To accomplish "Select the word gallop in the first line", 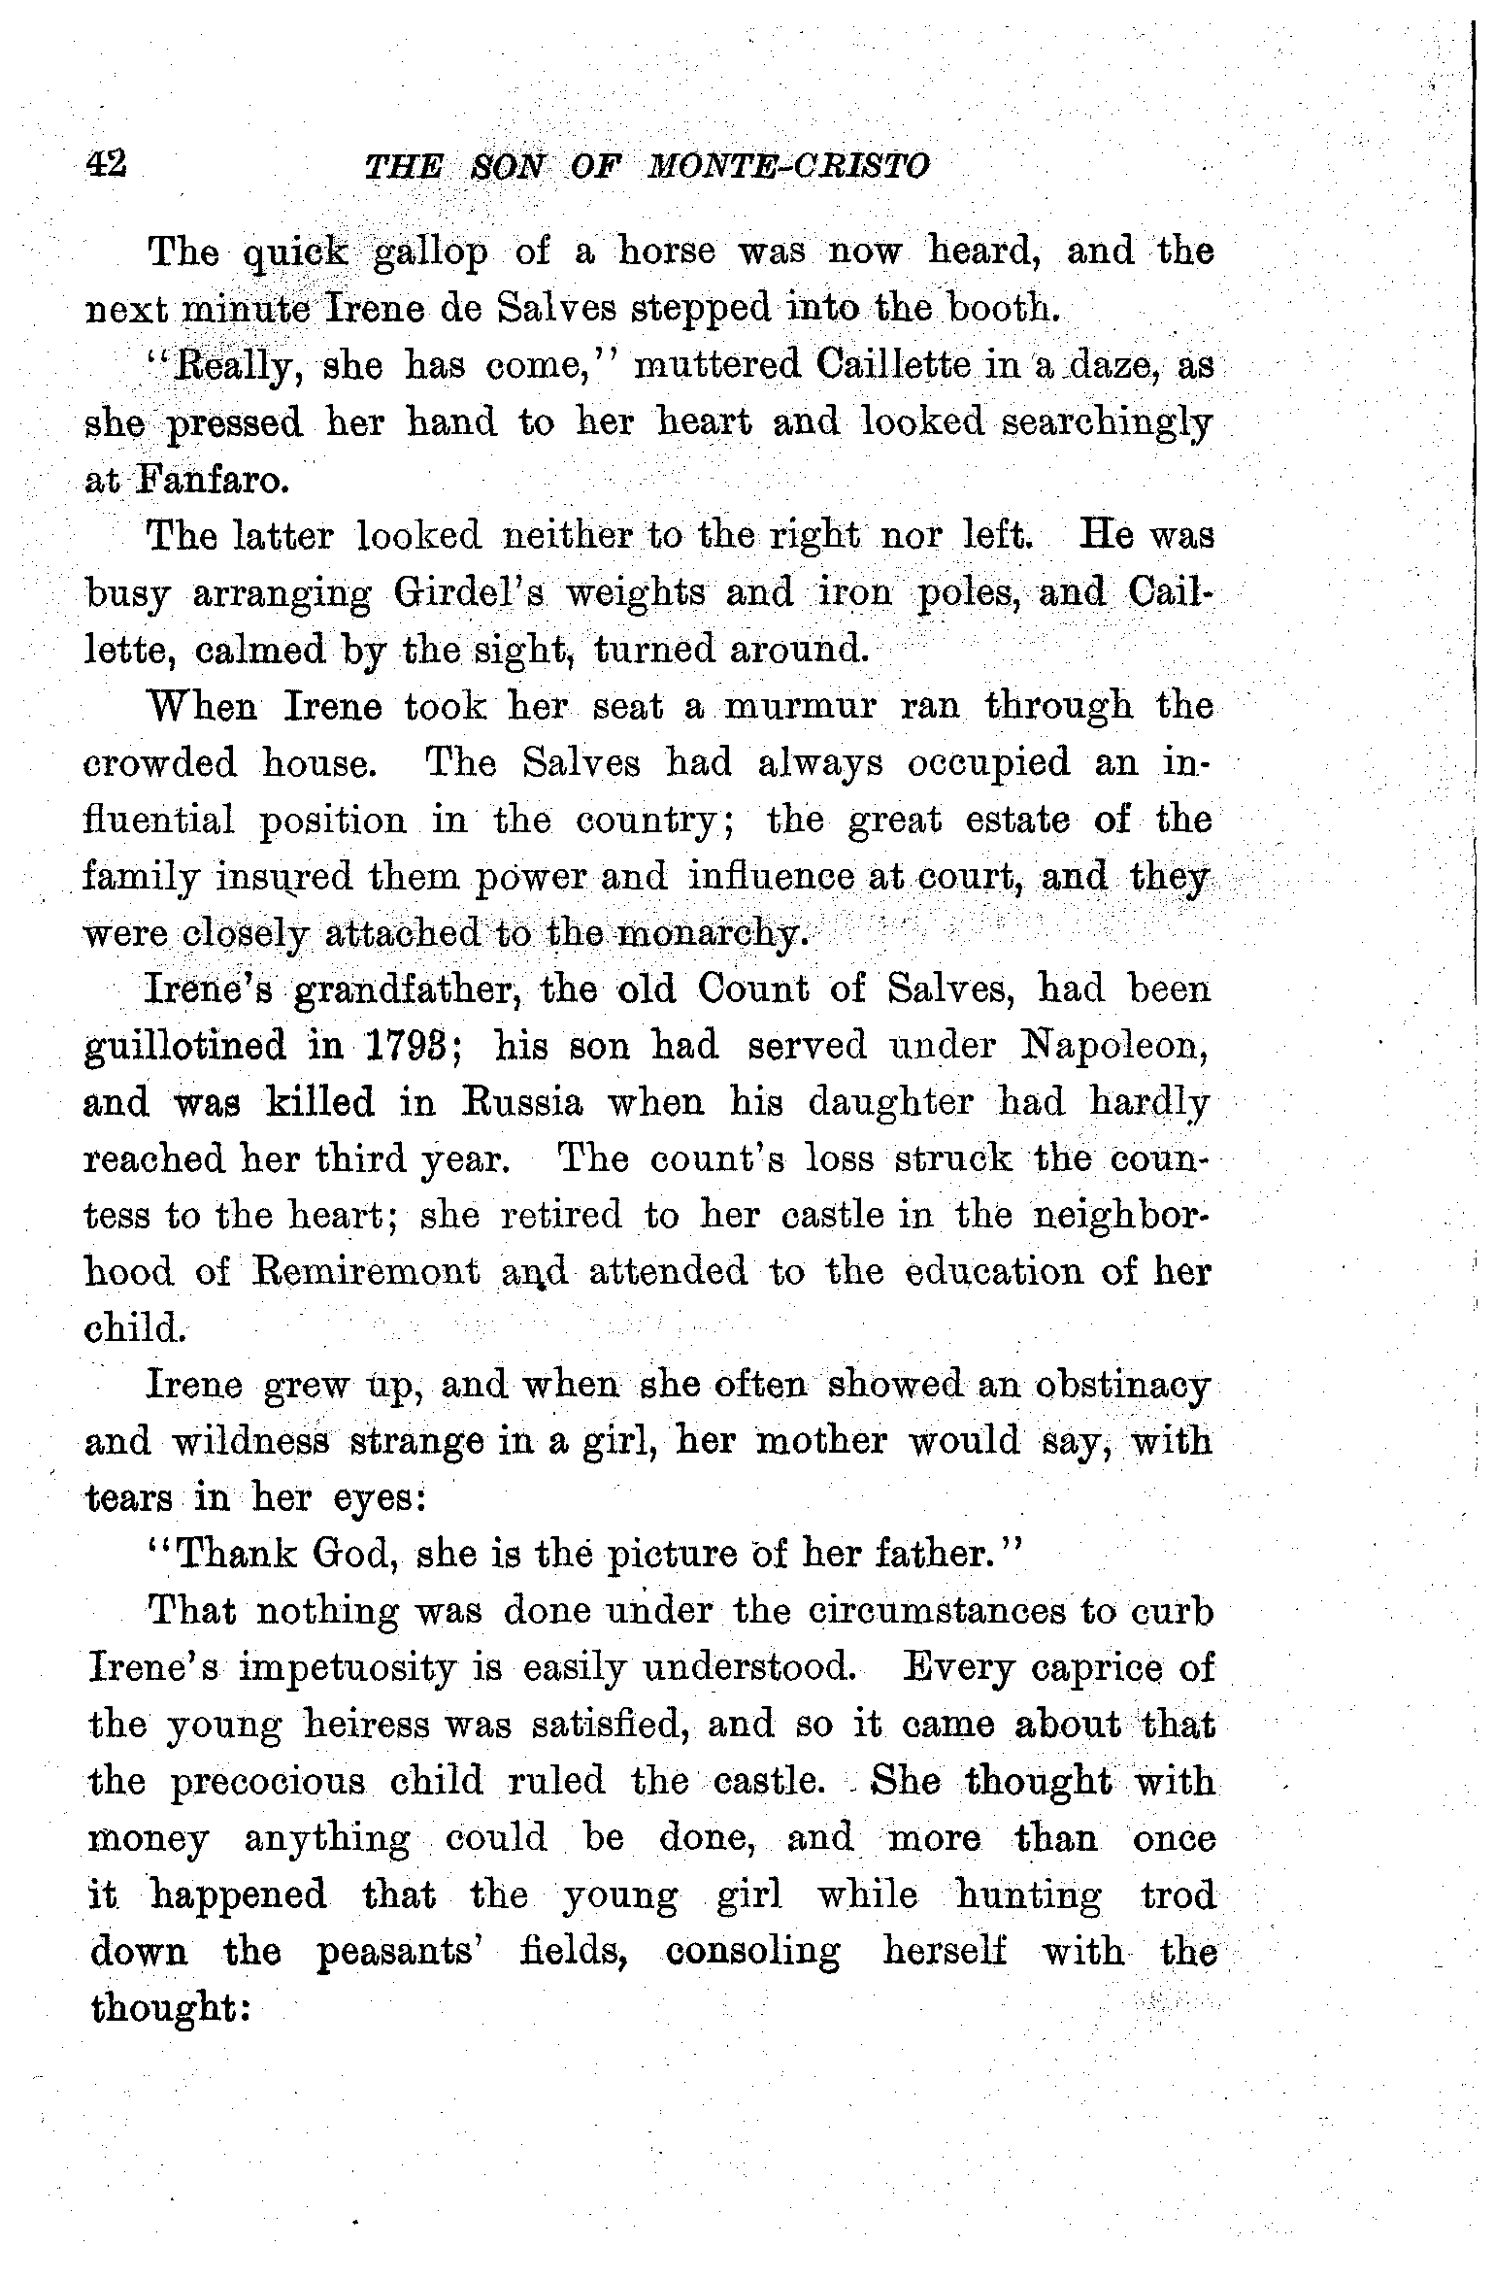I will (431, 252).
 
